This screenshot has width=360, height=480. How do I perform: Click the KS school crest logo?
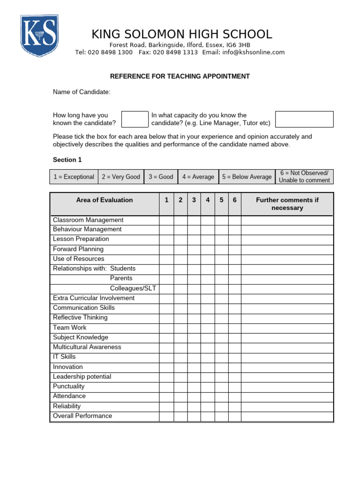(39, 36)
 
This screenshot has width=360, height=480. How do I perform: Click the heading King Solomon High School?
(181, 34)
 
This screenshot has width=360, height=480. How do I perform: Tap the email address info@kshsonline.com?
(252, 52)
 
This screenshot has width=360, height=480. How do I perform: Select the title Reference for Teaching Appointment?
(180, 76)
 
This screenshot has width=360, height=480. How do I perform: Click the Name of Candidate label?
(82, 92)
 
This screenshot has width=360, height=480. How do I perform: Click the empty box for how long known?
(135, 119)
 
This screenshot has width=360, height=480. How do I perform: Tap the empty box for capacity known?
(304, 119)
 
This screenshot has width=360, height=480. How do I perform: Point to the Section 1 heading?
(67, 160)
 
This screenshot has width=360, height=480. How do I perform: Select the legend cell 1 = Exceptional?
(74, 177)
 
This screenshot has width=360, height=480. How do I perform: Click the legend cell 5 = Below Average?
(247, 177)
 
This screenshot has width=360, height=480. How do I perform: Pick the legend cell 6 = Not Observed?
(304, 177)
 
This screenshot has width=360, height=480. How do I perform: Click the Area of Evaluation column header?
(104, 200)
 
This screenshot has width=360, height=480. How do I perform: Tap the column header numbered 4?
(208, 200)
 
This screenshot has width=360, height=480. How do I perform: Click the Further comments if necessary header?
(287, 204)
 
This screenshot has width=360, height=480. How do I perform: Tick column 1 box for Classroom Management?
(166, 220)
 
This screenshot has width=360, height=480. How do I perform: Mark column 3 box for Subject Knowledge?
(194, 337)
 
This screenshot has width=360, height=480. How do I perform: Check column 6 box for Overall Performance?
(235, 416)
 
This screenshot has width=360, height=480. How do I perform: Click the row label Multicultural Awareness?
(87, 347)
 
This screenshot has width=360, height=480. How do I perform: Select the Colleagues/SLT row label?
(133, 288)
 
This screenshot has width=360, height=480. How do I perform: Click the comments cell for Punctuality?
(287, 387)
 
